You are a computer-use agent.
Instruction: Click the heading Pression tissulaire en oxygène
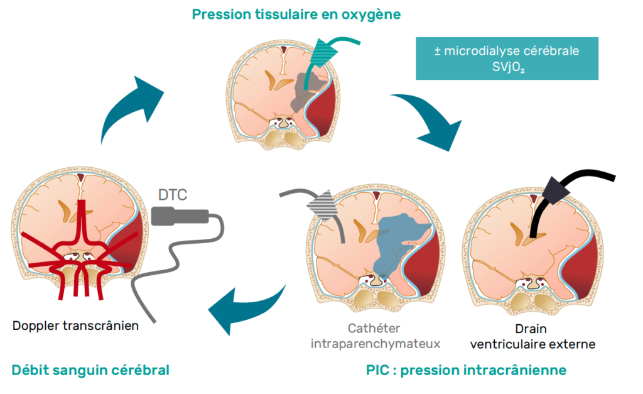click(x=296, y=15)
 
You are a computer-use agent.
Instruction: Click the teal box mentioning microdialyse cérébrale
click(x=507, y=58)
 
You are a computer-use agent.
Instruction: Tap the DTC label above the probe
click(x=173, y=195)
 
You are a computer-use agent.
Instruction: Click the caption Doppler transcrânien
click(x=75, y=326)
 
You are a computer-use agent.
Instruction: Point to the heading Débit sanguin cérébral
click(x=90, y=370)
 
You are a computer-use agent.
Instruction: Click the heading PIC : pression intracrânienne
click(x=466, y=370)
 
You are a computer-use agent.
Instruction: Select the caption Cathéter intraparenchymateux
click(x=375, y=336)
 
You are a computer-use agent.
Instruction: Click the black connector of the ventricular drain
click(x=555, y=190)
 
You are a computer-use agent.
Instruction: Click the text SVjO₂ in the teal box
click(x=508, y=67)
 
